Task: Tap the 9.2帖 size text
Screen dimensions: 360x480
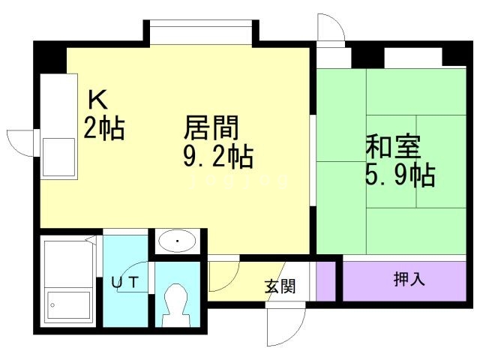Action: click(217, 157)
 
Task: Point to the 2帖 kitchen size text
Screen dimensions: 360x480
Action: click(103, 128)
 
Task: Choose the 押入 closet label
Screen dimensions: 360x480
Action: click(409, 280)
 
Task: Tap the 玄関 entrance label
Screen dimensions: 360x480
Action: click(279, 286)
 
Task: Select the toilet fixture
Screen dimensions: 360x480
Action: click(177, 304)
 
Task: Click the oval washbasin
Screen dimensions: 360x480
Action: click(177, 241)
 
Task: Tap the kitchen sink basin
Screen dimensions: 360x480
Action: click(58, 155)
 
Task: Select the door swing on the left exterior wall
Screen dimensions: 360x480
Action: click(21, 141)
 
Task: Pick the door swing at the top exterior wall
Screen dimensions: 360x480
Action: click(330, 30)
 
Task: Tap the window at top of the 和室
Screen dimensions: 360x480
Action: click(414, 57)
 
